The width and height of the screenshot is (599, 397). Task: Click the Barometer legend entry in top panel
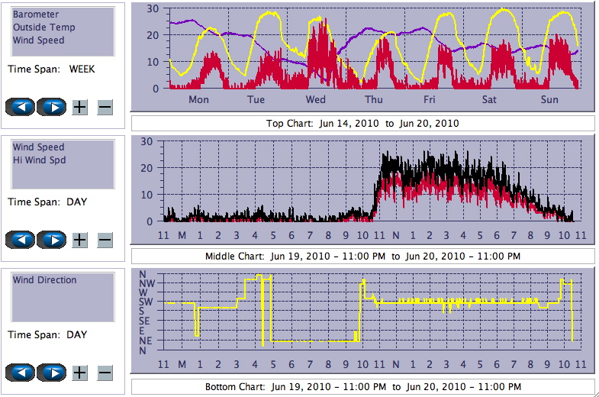tap(36, 15)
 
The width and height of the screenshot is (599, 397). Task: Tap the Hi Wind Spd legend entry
tap(39, 160)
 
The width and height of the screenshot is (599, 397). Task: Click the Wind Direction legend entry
tap(44, 280)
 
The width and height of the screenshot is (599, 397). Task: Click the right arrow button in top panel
tap(51, 107)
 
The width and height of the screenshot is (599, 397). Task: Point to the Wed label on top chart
tap(315, 100)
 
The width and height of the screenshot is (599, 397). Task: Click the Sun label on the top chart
tap(549, 100)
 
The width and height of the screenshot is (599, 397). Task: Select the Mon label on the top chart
tap(198, 100)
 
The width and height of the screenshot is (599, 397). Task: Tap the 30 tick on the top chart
tap(153, 9)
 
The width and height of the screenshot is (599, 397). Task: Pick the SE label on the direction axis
tap(145, 321)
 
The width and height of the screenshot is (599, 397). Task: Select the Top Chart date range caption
tap(362, 123)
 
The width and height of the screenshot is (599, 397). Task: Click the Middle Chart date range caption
tap(362, 255)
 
